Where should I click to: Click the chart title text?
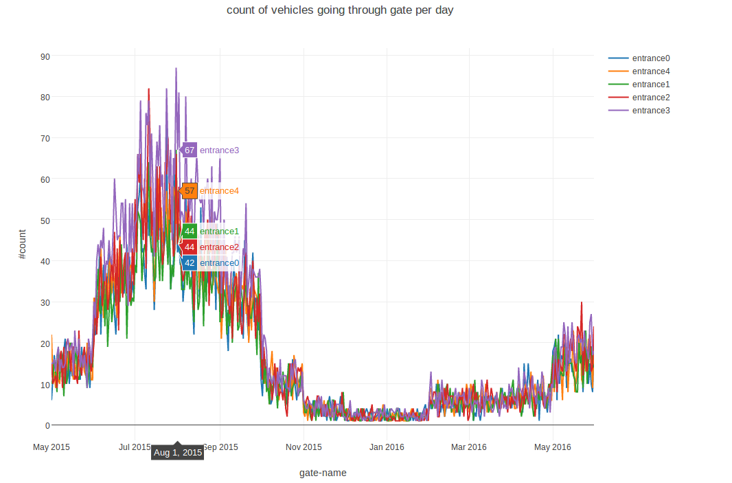(x=340, y=10)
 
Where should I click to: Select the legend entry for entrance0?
(x=650, y=58)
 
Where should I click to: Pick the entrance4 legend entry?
(x=650, y=71)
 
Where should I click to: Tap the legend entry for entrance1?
(x=650, y=85)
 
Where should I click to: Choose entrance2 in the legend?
(x=650, y=98)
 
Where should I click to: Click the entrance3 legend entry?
(x=650, y=111)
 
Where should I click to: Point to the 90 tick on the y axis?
(x=45, y=56)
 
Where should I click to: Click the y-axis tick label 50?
(x=45, y=220)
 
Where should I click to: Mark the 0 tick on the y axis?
(x=47, y=425)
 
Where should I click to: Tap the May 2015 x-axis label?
(x=52, y=447)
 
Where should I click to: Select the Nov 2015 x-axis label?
(x=304, y=447)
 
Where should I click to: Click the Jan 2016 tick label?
(x=387, y=447)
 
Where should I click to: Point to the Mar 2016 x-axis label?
(x=468, y=447)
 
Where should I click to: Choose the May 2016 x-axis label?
(x=552, y=447)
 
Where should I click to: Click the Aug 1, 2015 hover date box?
(x=178, y=453)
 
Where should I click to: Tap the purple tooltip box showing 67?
(x=190, y=150)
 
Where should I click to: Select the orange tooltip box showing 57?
(x=190, y=191)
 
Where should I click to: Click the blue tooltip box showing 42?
(x=190, y=263)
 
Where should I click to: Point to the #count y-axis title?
(x=22, y=244)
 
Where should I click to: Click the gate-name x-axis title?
(x=323, y=473)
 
